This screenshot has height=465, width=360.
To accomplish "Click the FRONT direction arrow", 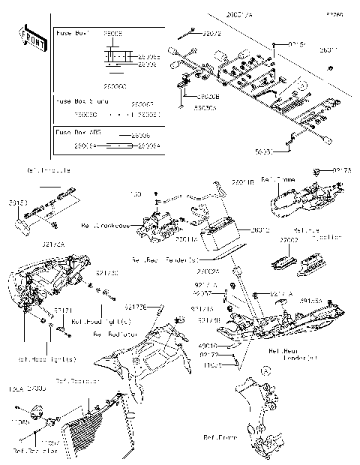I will pyautogui.click(x=31, y=38).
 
